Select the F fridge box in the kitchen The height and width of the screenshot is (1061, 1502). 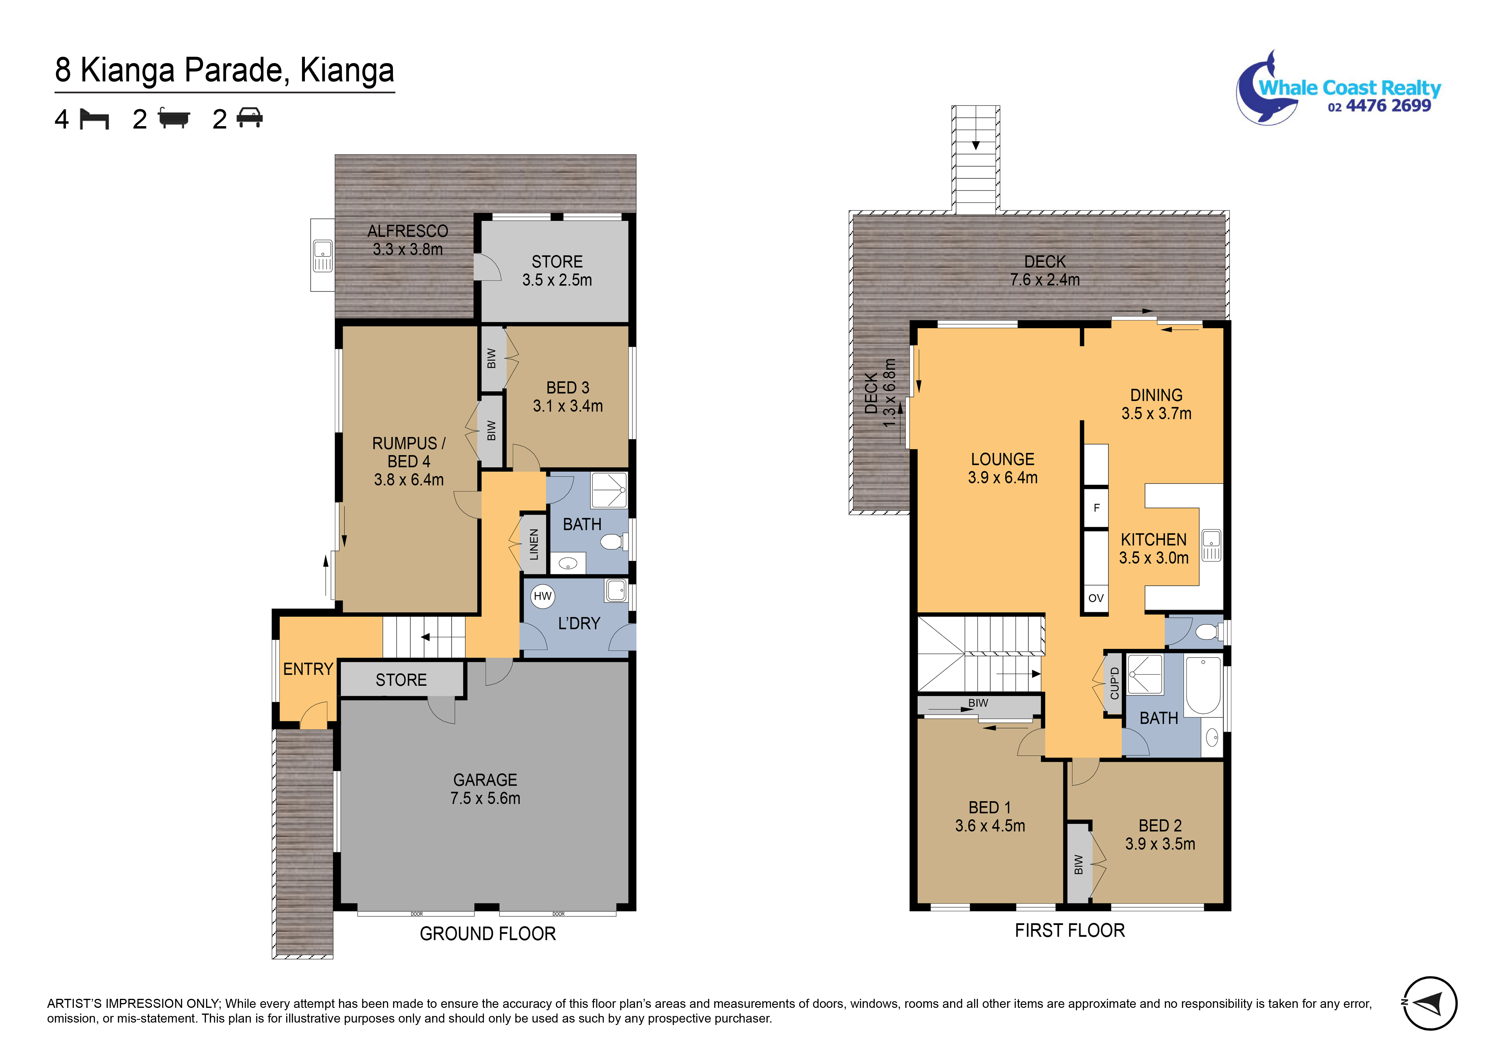[1096, 508]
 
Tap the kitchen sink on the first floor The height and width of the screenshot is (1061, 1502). [1211, 546]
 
